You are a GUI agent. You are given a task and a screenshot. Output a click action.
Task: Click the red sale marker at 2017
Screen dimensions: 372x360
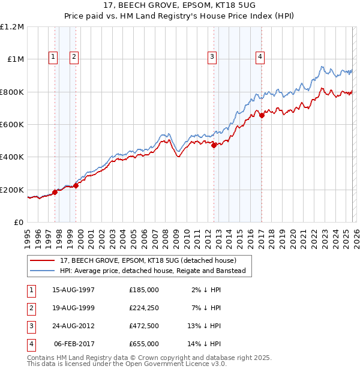click(262, 116)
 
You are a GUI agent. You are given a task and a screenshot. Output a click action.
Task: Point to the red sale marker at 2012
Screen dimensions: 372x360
click(214, 145)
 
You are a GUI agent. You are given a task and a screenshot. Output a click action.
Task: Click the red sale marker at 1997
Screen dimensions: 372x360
click(55, 192)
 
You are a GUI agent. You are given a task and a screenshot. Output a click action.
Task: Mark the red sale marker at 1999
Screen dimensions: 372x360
click(76, 185)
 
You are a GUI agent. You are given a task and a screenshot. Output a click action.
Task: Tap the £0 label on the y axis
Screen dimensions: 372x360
click(19, 222)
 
